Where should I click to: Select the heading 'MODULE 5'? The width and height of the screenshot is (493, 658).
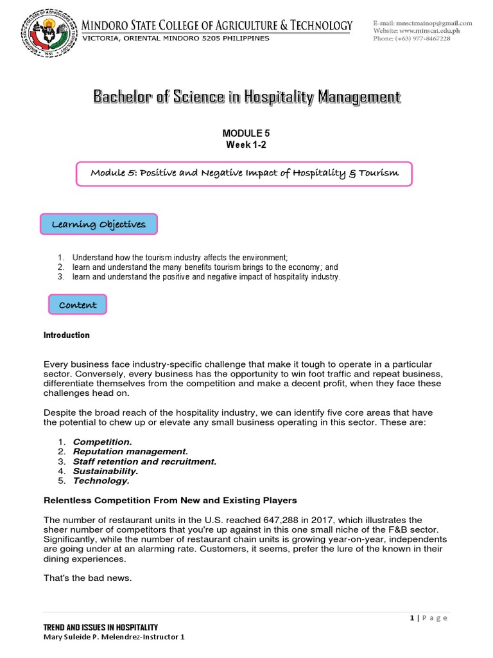point(245,133)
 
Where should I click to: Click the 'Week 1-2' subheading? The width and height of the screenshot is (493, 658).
point(245,145)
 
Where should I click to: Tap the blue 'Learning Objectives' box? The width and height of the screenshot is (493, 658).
point(99,225)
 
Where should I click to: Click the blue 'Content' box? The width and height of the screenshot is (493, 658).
point(78,305)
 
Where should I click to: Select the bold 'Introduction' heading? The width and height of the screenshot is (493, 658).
point(66,335)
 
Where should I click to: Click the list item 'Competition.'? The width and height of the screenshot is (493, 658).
point(102,442)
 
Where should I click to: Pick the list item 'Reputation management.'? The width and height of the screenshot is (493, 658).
point(130,452)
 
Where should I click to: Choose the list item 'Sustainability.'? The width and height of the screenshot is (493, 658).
point(105,471)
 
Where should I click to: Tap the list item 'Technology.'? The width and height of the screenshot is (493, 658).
point(101,481)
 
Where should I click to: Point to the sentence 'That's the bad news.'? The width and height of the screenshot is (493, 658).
point(87,578)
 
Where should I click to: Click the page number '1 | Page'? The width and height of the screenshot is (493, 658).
point(428,618)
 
